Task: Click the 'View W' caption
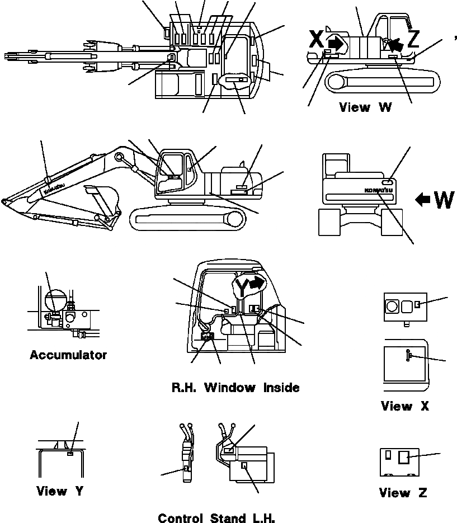pyautogui.click(x=365, y=107)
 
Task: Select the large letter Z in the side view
pyautogui.click(x=413, y=39)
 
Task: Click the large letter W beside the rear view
pyautogui.click(x=443, y=199)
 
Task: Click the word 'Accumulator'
pyautogui.click(x=68, y=355)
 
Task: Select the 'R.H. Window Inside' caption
pyautogui.click(x=235, y=387)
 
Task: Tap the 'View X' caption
pyautogui.click(x=404, y=406)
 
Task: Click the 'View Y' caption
pyautogui.click(x=60, y=491)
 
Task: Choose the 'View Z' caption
pyautogui.click(x=403, y=493)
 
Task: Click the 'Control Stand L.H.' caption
pyautogui.click(x=216, y=518)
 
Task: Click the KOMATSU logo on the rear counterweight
pyautogui.click(x=379, y=190)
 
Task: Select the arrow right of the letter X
pyautogui.click(x=336, y=42)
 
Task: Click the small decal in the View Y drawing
pyautogui.click(x=69, y=454)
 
